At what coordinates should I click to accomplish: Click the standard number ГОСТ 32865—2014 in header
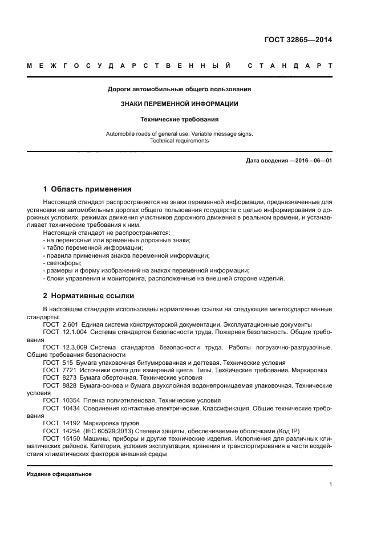[298, 40]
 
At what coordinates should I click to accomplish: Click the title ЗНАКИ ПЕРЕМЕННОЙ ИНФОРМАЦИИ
[180, 104]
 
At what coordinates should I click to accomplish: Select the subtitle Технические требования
[180, 120]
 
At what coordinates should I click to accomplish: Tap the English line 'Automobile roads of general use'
[180, 134]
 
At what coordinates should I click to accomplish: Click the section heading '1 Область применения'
[88, 189]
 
